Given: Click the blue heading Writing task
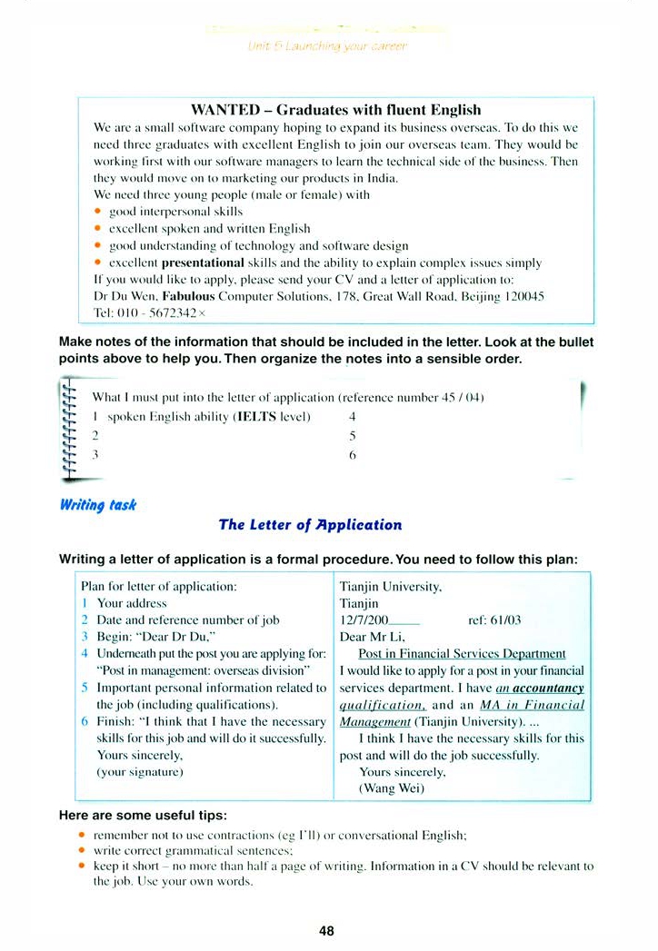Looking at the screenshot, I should click(x=97, y=504).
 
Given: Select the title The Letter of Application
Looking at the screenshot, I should click(x=310, y=525).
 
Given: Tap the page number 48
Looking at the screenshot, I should click(x=327, y=930).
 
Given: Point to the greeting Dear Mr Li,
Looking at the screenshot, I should click(x=370, y=637).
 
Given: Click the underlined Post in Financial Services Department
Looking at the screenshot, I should click(x=462, y=654).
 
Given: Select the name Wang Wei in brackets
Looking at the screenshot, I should click(x=392, y=788).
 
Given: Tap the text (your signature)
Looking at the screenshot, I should click(x=140, y=772).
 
